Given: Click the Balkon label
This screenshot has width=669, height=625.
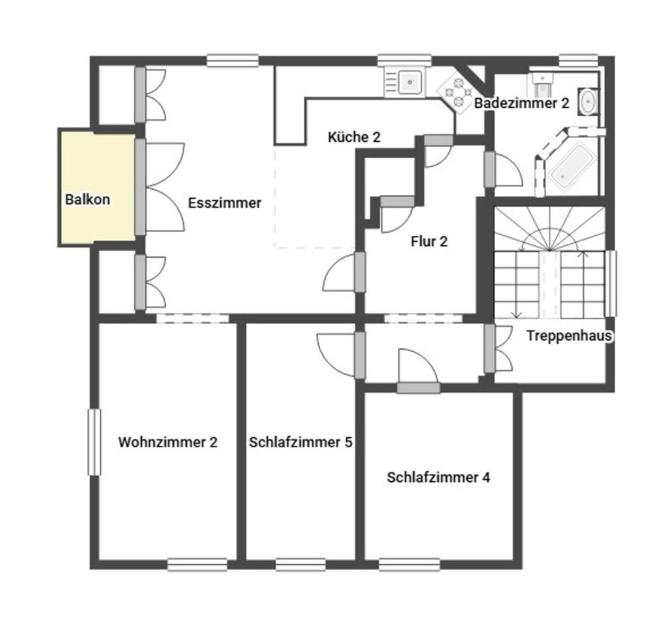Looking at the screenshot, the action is click(88, 199).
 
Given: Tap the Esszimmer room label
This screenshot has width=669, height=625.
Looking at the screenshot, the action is click(225, 203).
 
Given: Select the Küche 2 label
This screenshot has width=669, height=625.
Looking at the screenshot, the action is click(354, 137).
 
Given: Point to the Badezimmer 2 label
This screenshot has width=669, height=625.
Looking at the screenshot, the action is click(522, 103).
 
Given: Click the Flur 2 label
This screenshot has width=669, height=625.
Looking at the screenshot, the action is click(429, 241).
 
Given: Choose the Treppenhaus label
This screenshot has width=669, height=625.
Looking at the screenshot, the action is click(569, 335).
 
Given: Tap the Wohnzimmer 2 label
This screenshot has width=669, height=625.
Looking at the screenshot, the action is click(168, 442).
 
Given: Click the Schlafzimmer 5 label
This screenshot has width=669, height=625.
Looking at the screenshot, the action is click(301, 442).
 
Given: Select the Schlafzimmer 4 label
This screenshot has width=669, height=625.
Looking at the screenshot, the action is click(438, 477).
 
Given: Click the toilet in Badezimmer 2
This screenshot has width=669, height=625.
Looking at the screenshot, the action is click(543, 85).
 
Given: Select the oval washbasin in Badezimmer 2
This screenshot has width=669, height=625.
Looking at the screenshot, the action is click(589, 101).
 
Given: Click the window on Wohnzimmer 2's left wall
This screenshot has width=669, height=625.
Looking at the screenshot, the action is click(94, 442).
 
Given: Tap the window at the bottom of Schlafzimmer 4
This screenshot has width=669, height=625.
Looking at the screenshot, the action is click(409, 564).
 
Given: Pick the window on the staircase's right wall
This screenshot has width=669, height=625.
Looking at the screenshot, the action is click(612, 284).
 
